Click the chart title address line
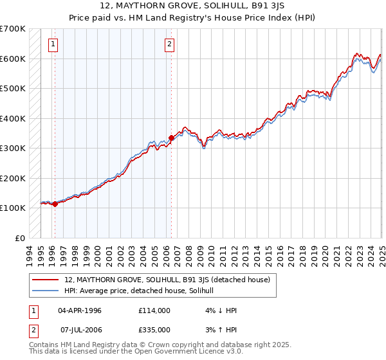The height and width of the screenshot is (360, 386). (192, 7)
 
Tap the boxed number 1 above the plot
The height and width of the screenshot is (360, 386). (52, 44)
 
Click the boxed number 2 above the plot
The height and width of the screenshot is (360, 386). (169, 44)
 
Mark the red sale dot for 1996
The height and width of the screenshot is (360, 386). (55, 204)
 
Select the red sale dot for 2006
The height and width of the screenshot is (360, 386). (172, 138)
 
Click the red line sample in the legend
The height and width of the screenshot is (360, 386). (45, 280)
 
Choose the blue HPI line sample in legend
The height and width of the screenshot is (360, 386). (45, 291)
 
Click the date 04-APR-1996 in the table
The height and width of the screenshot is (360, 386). (80, 310)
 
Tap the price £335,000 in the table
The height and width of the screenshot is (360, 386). (154, 330)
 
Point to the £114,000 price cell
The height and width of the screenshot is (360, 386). (154, 310)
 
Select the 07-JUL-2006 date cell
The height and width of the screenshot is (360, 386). (80, 330)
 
